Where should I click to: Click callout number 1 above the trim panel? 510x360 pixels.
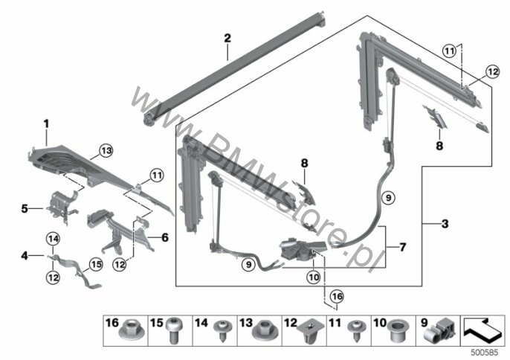coord(45,121)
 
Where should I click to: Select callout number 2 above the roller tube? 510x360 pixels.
coord(227,37)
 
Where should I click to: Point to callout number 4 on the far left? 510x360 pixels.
coord(25,256)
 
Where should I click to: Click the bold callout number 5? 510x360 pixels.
coord(25,209)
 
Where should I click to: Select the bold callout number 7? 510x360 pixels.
coord(403,245)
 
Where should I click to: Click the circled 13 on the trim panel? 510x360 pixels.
coord(106,152)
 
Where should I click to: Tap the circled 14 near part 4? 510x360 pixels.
coord(52,238)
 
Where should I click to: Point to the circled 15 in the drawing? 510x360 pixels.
coord(95,263)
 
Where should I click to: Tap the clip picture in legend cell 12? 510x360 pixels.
coord(309,332)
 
